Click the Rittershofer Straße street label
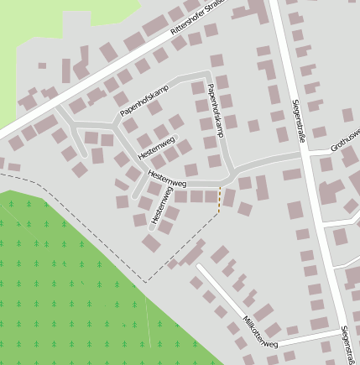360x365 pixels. click(x=200, y=16)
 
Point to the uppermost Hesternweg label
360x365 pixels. click(x=156, y=145)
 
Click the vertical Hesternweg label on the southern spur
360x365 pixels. click(x=161, y=206)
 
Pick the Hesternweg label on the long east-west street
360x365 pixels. click(x=167, y=178)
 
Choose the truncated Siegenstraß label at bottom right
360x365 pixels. click(x=346, y=344)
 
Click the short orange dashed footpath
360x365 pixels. click(x=219, y=200)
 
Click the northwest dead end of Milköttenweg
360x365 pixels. click(x=200, y=267)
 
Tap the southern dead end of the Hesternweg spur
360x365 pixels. click(x=152, y=227)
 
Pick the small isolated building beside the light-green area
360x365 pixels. click(x=43, y=65)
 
